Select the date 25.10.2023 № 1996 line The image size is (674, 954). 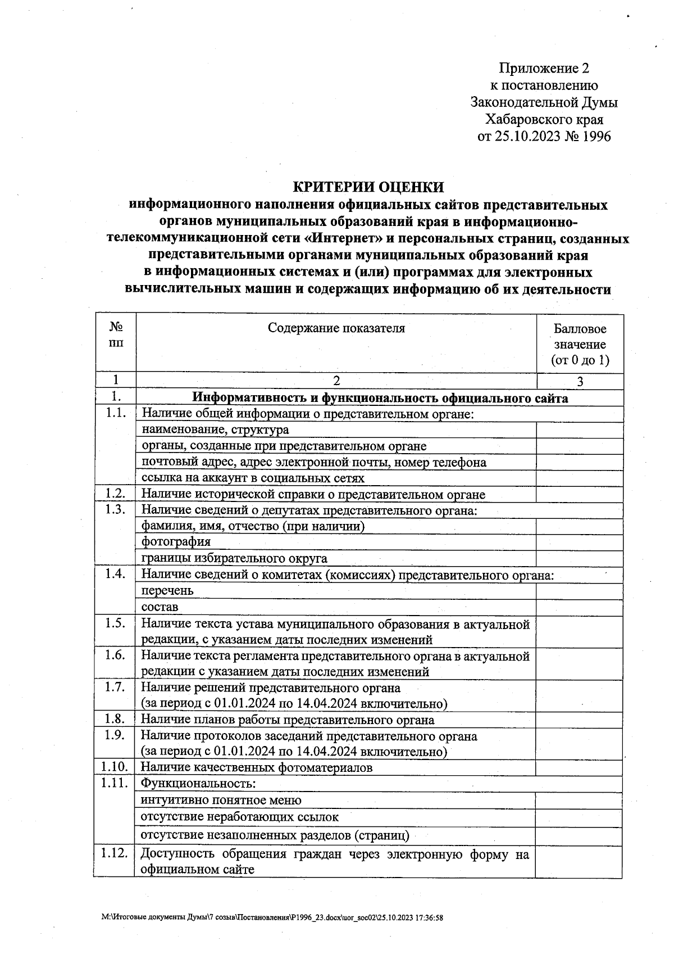pos(544,137)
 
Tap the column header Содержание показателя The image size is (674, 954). pos(336,328)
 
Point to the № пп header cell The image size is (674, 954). pos(116,334)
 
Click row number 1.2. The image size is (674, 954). pos(115,494)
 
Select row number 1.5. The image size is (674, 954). pos(115,623)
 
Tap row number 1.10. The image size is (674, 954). pos(115,767)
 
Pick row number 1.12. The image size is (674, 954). pos(115,854)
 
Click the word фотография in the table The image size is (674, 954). pos(176,542)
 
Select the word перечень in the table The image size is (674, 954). pos(167,591)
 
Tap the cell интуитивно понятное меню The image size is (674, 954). pos(221,800)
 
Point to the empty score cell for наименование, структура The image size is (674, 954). pos(580,430)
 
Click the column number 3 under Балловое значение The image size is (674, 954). pos(580,382)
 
